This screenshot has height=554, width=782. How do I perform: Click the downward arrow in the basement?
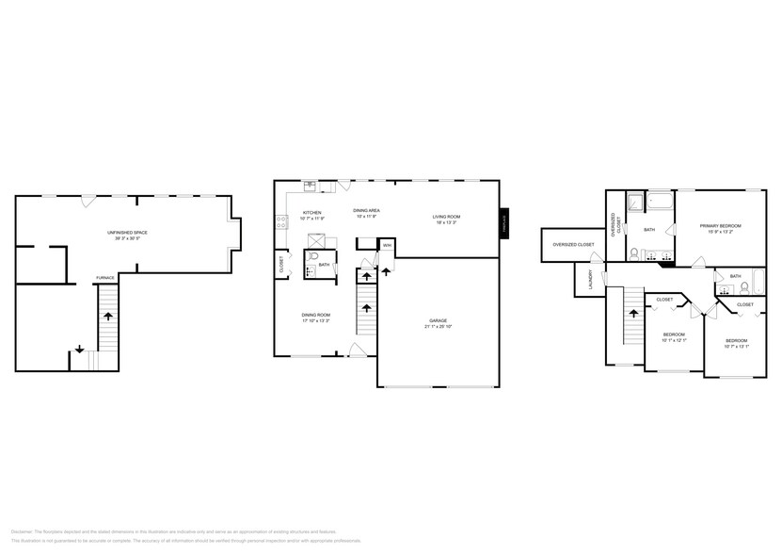tap(79, 349)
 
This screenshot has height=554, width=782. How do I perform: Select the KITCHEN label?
tap(311, 212)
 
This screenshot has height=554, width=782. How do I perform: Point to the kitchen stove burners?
tap(280, 222)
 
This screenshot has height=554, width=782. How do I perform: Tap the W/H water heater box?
tap(387, 246)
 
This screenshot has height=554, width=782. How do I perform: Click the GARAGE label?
tap(438, 321)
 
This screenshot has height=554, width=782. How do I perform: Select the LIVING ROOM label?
tap(446, 216)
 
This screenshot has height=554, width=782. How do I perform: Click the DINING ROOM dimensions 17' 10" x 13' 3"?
tap(316, 321)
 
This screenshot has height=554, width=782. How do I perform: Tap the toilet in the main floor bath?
tap(316, 255)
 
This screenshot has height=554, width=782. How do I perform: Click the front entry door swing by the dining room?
tap(357, 350)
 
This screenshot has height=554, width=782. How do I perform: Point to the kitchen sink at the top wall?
tap(310, 185)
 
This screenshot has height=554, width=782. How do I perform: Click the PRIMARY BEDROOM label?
tap(720, 226)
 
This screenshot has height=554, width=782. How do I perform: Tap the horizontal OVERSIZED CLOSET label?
tap(573, 244)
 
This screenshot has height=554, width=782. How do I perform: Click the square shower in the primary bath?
tap(635, 201)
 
